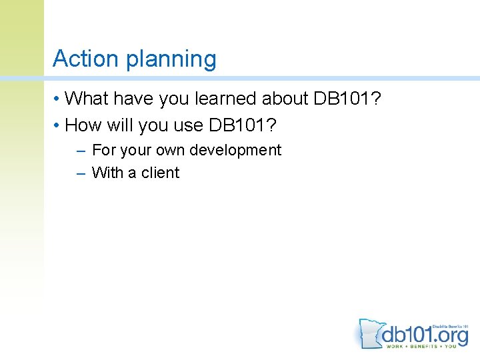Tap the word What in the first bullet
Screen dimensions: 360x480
tap(88, 99)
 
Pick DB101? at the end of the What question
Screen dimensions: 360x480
tap(354, 99)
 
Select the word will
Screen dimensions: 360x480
tap(121, 125)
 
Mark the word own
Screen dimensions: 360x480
tap(170, 151)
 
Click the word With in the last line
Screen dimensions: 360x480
tap(108, 173)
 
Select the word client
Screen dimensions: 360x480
tap(160, 173)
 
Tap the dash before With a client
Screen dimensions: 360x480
tap(81, 173)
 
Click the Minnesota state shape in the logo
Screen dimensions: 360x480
tap(369, 333)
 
